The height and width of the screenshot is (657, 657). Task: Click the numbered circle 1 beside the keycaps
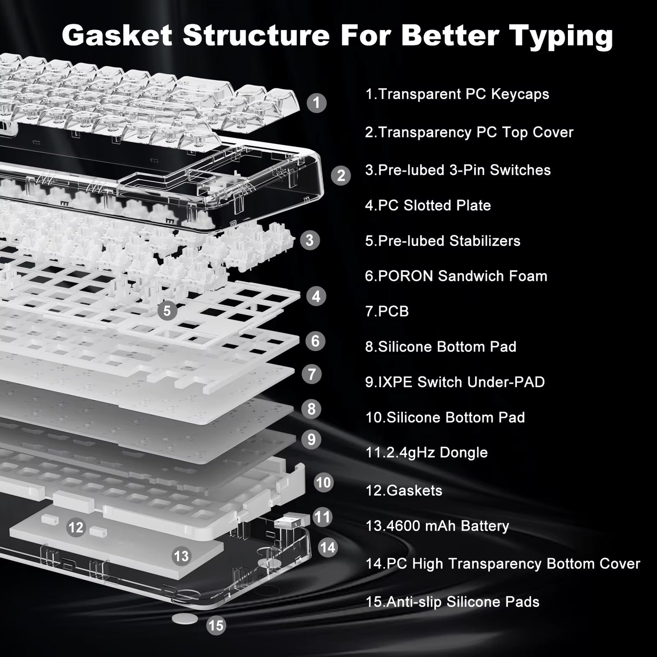[316, 103]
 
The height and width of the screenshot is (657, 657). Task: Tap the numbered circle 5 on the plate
[167, 311]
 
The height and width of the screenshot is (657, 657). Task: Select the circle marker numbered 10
[323, 482]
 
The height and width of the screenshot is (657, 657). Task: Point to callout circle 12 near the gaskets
[76, 527]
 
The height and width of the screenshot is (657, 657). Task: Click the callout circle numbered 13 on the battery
[181, 556]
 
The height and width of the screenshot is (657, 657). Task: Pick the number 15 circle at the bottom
[216, 626]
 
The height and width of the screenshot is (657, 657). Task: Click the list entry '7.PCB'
[387, 311]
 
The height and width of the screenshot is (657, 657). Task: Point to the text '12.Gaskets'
[404, 491]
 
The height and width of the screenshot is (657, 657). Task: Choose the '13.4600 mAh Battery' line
[437, 526]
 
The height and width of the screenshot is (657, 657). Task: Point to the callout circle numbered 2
[341, 176]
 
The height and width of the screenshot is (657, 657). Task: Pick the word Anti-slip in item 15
[414, 602]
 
